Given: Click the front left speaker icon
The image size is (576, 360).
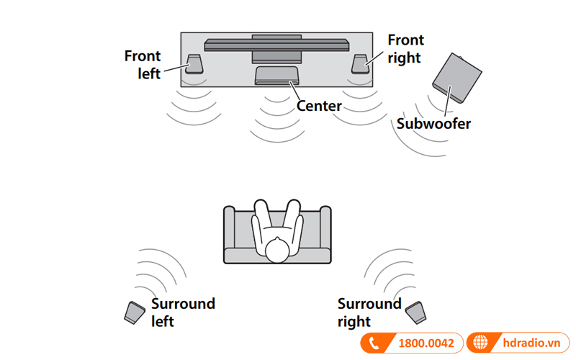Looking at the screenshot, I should (x=194, y=64).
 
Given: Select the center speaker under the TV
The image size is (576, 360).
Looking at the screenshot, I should (x=276, y=74).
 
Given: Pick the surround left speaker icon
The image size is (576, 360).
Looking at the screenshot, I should (x=135, y=312).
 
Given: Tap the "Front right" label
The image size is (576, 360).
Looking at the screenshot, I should (x=405, y=48).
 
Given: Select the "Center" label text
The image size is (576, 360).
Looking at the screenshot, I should (x=319, y=106).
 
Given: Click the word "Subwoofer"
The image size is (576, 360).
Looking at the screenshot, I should (x=433, y=124).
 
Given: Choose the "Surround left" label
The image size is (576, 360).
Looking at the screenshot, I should (x=183, y=312).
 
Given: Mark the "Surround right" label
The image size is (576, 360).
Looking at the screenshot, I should (x=369, y=312).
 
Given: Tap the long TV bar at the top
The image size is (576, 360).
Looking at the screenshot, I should (x=276, y=45).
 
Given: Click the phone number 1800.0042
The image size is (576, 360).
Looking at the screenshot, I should (x=426, y=343).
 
